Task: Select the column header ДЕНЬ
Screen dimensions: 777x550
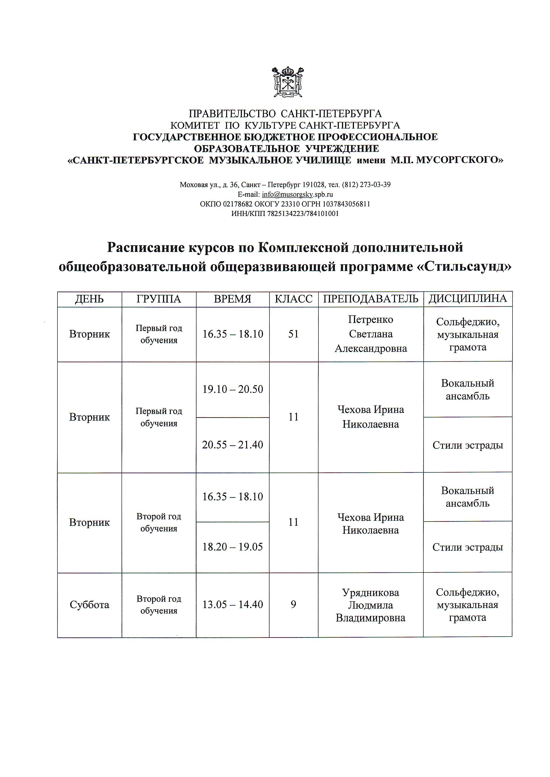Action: [x=89, y=299]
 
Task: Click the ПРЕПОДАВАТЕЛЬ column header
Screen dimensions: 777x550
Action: [x=371, y=299]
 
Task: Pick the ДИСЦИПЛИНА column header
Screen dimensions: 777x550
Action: [x=468, y=298]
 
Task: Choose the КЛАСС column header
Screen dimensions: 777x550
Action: [x=294, y=299]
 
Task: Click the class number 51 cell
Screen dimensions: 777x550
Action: [x=293, y=334]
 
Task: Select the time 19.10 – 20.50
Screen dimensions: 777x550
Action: [x=233, y=389]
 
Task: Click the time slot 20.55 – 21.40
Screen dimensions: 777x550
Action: [x=233, y=445]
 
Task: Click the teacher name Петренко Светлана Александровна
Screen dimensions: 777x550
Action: [x=371, y=334]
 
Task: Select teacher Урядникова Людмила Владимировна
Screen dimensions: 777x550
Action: [x=371, y=605]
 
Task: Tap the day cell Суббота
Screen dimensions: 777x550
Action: [x=89, y=605]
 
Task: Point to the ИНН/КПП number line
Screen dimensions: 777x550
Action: [x=285, y=214]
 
